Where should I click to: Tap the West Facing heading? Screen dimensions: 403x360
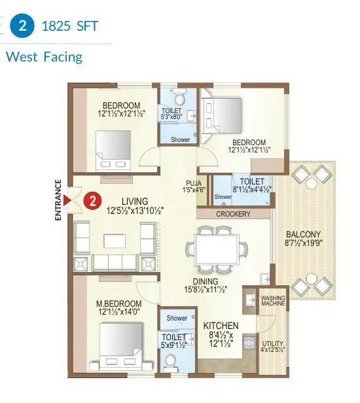(x=44, y=57)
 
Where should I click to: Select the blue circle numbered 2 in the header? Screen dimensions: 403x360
(x=22, y=27)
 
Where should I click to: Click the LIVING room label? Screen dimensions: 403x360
(x=134, y=201)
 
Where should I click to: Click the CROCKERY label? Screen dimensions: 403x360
(x=232, y=214)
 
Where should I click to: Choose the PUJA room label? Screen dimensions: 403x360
(x=194, y=183)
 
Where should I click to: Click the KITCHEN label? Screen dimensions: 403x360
(x=221, y=325)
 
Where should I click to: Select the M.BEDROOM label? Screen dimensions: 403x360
(x=118, y=304)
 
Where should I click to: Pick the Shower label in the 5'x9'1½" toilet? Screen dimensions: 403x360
(x=177, y=319)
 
